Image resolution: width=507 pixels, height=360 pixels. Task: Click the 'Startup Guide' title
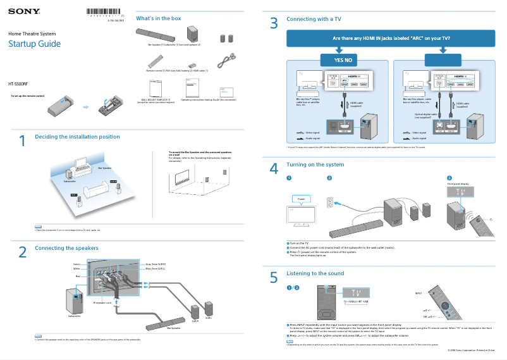(34, 44)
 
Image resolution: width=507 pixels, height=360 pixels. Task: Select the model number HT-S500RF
(18, 84)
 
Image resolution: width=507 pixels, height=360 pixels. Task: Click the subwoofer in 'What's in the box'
(193, 34)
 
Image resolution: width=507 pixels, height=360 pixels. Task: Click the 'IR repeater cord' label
(102, 302)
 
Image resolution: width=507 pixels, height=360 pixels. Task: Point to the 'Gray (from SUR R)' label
(156, 263)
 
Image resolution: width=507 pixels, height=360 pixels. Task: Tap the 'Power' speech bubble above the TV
(300, 199)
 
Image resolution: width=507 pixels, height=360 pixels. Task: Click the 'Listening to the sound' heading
(315, 273)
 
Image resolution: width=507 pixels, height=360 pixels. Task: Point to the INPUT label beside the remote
(418, 294)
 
